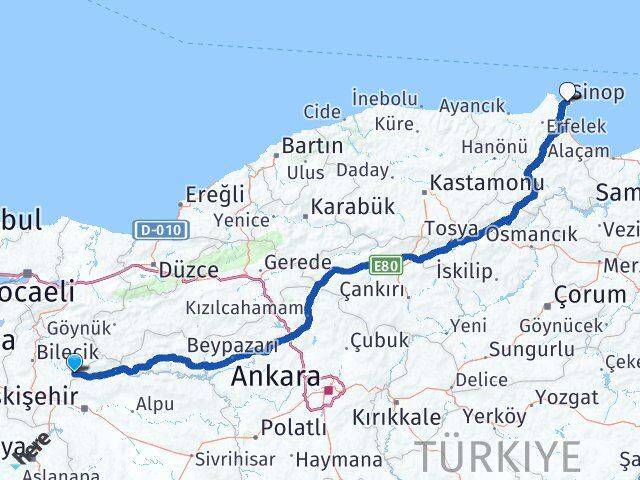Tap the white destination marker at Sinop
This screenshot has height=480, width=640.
coord(569,91)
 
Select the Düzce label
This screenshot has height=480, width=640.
coord(188,270)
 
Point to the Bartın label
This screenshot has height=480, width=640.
coord(311,146)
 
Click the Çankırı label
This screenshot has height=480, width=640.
coord(372,290)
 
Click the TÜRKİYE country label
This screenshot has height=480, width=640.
coord(498,456)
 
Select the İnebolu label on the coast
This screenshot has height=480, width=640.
coord(384,98)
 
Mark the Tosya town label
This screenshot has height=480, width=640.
coord(451,228)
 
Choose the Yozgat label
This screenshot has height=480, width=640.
coord(566,397)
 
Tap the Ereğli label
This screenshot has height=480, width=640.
coord(215,193)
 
